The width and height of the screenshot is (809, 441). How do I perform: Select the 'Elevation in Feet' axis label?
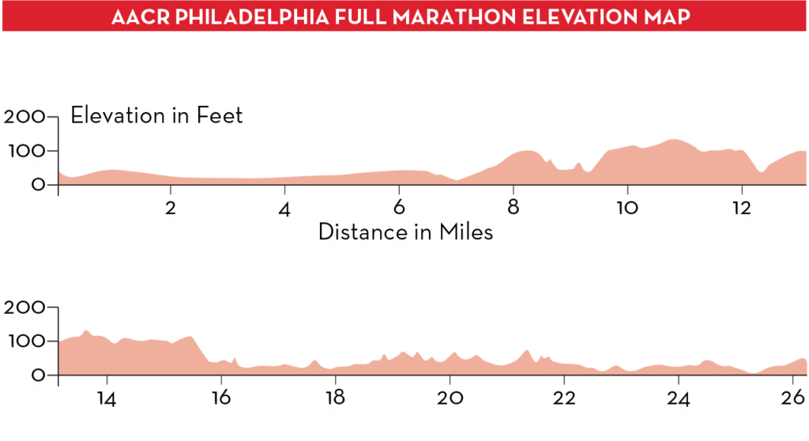click(x=156, y=115)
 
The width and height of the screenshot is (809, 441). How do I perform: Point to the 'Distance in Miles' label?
click(x=405, y=232)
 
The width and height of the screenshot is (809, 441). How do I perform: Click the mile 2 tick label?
click(x=170, y=209)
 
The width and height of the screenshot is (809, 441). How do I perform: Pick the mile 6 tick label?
click(x=399, y=209)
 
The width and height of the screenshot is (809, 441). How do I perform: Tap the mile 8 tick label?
click(x=513, y=209)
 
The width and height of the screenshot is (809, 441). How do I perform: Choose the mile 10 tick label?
click(x=627, y=209)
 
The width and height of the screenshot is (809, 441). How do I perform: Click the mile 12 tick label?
click(x=741, y=209)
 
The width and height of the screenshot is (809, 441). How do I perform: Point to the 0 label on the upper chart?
click(x=38, y=185)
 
